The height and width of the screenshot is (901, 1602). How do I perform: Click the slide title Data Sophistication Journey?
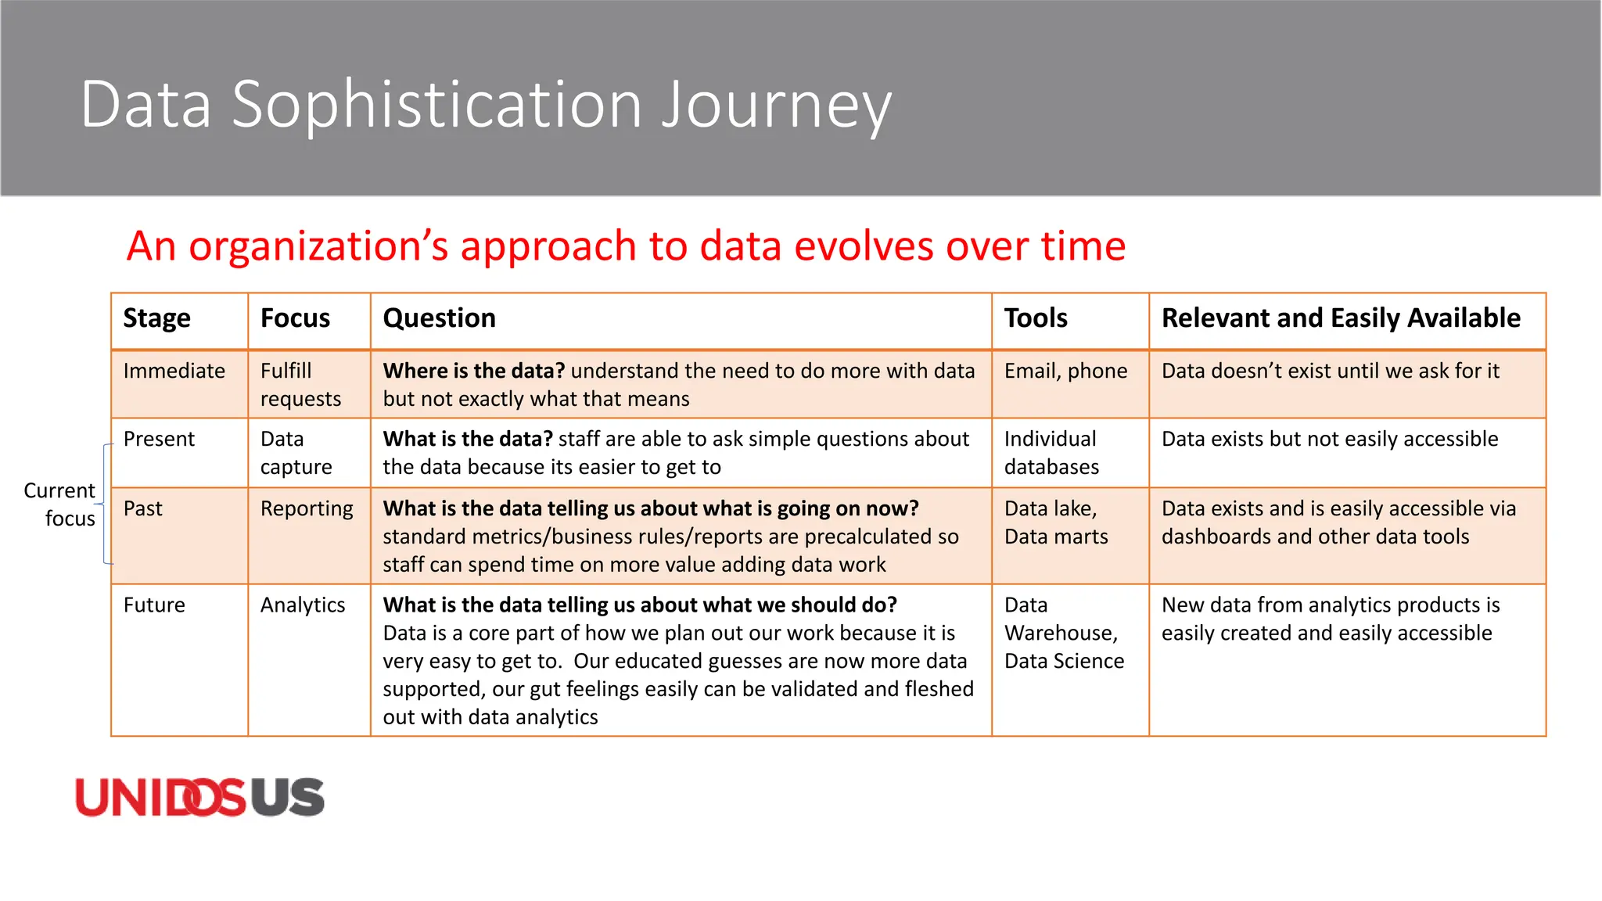(x=485, y=105)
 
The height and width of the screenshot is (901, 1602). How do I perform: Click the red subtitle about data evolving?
(x=626, y=246)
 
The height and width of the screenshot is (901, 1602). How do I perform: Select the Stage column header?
(x=156, y=318)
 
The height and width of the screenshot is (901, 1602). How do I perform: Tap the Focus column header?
(x=295, y=318)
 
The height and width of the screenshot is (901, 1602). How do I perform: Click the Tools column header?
(x=1035, y=318)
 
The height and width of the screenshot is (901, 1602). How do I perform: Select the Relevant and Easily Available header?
(x=1340, y=318)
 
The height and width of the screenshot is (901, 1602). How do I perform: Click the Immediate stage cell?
(x=174, y=371)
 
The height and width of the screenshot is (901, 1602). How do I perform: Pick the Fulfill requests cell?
(x=300, y=385)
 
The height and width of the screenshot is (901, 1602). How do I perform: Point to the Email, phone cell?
(x=1065, y=371)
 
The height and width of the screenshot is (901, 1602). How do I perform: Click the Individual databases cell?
(x=1051, y=453)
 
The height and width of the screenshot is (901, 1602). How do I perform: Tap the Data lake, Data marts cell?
(x=1056, y=522)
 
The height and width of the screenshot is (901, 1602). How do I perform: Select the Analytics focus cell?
(x=303, y=605)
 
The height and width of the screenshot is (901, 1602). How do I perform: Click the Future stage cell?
(x=154, y=605)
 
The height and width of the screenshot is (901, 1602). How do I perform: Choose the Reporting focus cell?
(x=307, y=509)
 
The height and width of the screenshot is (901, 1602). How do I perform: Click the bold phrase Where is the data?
(x=473, y=371)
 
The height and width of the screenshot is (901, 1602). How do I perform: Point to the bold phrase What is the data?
(x=467, y=439)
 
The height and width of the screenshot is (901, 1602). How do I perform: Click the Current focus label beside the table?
(x=59, y=504)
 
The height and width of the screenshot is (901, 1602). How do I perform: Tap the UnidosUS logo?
(x=199, y=797)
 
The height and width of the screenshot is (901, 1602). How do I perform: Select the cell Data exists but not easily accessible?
(x=1329, y=439)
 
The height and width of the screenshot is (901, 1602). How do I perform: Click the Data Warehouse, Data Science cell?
(x=1063, y=633)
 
